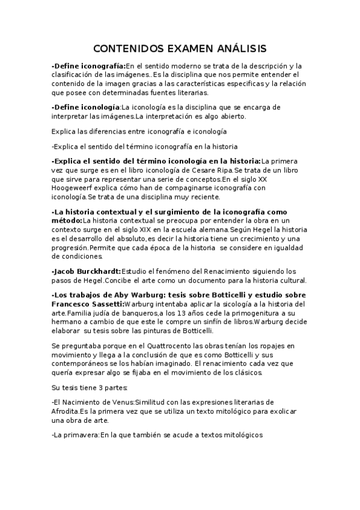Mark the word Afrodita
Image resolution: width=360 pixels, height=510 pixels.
[x=68, y=411]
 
